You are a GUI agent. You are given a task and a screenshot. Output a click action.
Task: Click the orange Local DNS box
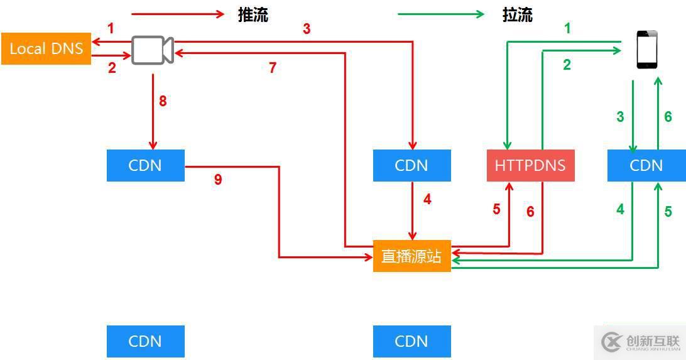coord(46,48)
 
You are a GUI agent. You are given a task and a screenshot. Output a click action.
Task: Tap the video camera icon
coord(152,50)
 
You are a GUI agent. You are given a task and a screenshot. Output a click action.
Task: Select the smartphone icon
coord(647,50)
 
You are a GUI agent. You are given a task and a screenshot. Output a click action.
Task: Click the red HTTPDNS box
coord(530,165)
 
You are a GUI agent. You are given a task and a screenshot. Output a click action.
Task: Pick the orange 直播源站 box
coord(411,256)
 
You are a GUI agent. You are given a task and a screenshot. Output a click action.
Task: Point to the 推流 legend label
coord(253,15)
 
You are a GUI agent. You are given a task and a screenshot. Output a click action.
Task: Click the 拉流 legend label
coord(518,15)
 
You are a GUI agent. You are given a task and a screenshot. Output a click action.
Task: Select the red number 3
coord(307,29)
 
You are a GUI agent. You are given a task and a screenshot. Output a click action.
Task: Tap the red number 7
coord(273,68)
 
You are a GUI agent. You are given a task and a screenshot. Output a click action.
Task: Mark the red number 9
coord(218,180)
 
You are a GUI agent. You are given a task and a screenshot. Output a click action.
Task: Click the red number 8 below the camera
coord(163,101)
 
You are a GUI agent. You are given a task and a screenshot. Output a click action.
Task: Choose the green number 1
coord(567,28)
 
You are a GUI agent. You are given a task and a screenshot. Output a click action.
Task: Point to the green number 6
coord(668,116)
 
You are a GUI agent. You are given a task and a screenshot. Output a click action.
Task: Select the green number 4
coord(620,209)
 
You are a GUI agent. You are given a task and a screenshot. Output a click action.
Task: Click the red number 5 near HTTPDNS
coord(496,209)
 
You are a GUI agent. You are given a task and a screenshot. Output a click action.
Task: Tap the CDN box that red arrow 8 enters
coord(145,165)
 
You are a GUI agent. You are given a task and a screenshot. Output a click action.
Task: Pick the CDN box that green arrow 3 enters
coord(646,165)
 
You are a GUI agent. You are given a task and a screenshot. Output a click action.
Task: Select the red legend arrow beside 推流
coord(178,14)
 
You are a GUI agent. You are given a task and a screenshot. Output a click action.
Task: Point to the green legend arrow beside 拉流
coord(441,14)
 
